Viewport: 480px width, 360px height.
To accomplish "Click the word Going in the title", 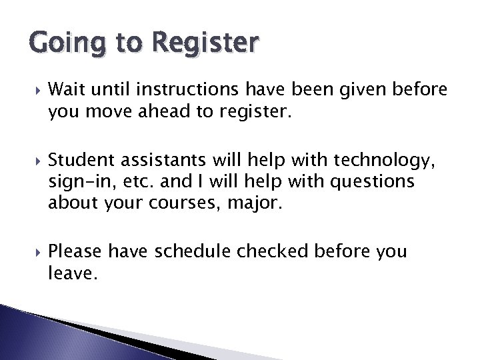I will [x=52, y=44].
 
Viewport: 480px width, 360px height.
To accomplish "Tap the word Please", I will [x=75, y=251].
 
